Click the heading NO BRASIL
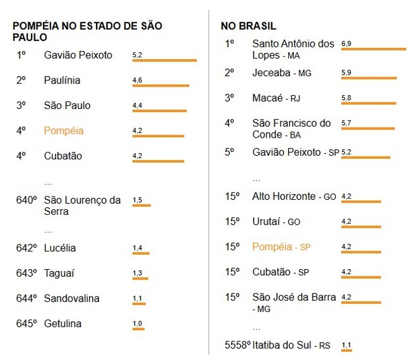pyautogui.click(x=248, y=26)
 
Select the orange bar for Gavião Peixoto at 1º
pyautogui.click(x=164, y=60)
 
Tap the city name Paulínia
pyautogui.click(x=62, y=80)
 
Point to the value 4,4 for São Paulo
pyautogui.click(x=138, y=105)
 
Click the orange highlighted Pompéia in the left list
pyautogui.click(x=64, y=131)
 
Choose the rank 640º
pyautogui.click(x=27, y=200)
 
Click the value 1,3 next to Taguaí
pyautogui.click(x=137, y=273)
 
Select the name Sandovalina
pyautogui.click(x=72, y=298)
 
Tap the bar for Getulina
pyautogui.click(x=138, y=329)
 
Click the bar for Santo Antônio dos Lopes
pyautogui.click(x=374, y=49)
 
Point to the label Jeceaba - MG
pyautogui.click(x=281, y=73)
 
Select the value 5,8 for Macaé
pyautogui.click(x=346, y=98)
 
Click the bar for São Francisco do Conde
pyautogui.click(x=368, y=128)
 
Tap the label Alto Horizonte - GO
pyautogui.click(x=294, y=196)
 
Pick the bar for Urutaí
pyautogui.click(x=361, y=227)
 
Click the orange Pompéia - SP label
pyautogui.click(x=281, y=247)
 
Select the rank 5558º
pyautogui.click(x=238, y=344)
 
